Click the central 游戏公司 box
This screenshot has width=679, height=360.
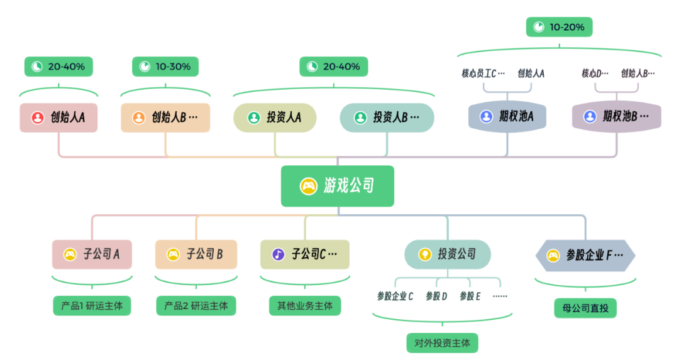coord(338,186)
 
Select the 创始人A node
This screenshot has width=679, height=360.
coord(58,117)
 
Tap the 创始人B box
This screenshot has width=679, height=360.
coord(165,117)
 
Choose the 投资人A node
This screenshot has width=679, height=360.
coord(275,117)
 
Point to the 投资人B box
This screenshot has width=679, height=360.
coord(387,117)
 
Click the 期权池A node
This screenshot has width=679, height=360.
coord(507,116)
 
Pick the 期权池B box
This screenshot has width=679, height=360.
coord(616,116)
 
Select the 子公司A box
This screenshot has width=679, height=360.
coord(92,254)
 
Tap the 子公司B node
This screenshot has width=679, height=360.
coord(196,254)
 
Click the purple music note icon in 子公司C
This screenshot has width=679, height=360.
coord(278,254)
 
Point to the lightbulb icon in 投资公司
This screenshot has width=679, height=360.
coord(424,254)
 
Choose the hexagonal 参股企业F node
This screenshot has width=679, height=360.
coord(585,255)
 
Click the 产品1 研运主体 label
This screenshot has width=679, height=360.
coord(92,306)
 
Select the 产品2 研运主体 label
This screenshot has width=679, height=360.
coord(196,306)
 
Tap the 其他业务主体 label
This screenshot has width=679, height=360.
coord(305,306)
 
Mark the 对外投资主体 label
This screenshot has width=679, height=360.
coord(442,343)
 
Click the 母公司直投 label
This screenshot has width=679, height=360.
coord(585,308)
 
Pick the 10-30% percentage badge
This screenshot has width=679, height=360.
coord(165,67)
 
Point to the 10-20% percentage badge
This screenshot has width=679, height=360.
coord(560,27)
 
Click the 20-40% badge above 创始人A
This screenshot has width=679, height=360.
coord(58,67)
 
